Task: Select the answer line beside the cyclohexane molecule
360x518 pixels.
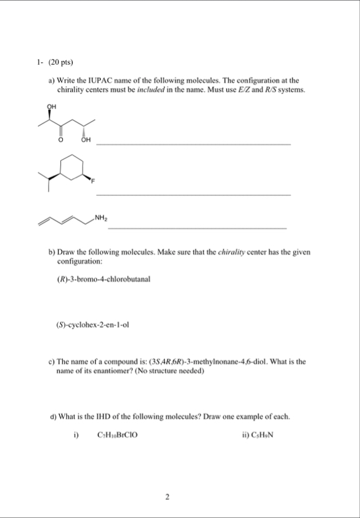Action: (194, 195)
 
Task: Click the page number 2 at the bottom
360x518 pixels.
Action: (168, 497)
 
